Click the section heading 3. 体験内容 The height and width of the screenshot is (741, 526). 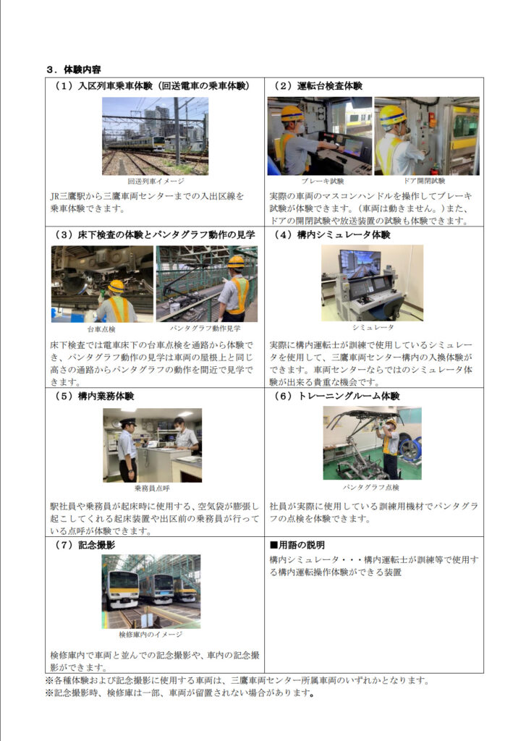tap(73, 69)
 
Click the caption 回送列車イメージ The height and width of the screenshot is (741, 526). tap(156, 181)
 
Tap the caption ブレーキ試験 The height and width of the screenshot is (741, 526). tap(323, 181)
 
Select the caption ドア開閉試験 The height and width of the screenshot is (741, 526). tap(424, 180)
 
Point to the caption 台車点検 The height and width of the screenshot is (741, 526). tap(101, 329)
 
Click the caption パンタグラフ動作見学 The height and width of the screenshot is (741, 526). tap(205, 328)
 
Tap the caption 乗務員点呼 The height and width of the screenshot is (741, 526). tap(152, 488)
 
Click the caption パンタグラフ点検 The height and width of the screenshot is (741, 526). tap(371, 487)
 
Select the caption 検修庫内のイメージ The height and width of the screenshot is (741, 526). tap(150, 634)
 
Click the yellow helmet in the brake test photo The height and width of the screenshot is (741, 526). tap(292, 114)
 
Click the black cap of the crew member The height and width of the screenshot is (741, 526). tap(127, 422)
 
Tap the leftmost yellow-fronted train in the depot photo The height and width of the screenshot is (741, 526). tap(122, 589)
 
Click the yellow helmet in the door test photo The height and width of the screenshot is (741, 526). tap(393, 114)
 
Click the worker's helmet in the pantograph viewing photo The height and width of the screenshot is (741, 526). tap(236, 261)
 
